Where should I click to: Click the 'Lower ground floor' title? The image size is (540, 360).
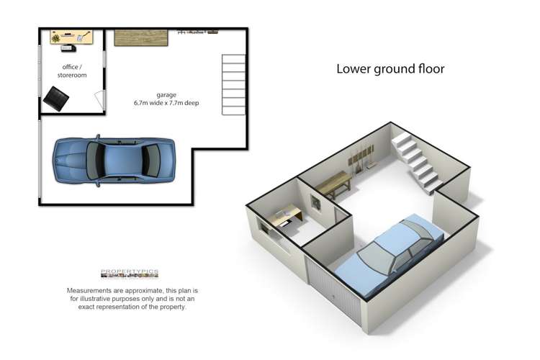(x=390, y=69)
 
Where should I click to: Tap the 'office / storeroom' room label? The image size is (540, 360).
(x=72, y=71)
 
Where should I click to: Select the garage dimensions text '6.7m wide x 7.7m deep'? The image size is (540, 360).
(x=166, y=103)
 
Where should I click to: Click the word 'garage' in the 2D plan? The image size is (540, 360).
(x=166, y=95)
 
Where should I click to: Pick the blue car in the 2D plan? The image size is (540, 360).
(x=114, y=161)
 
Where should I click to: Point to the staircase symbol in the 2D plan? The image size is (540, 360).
(x=233, y=85)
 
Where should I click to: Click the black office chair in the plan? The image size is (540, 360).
(x=56, y=99)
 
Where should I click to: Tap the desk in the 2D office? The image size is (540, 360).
(x=71, y=37)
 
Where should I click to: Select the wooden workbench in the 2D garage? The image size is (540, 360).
(x=141, y=38)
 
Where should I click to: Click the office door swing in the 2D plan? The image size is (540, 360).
(x=99, y=99)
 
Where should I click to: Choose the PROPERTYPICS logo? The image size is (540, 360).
(x=130, y=274)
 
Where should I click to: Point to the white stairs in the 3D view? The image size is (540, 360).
(x=417, y=164)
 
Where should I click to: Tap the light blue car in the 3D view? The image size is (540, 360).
(x=389, y=256)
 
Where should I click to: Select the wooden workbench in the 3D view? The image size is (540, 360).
(x=333, y=184)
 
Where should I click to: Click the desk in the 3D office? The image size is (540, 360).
(x=286, y=215)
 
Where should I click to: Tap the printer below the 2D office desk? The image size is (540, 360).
(x=68, y=48)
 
